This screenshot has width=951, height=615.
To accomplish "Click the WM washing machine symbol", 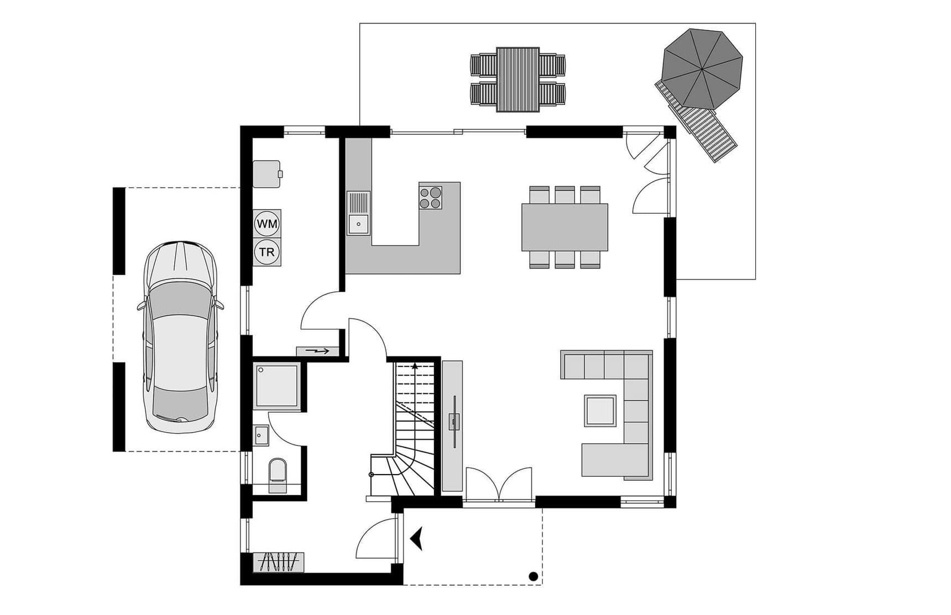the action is click(267, 224).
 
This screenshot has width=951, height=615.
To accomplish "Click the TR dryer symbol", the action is click(267, 252).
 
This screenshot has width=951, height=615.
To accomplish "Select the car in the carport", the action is click(180, 337).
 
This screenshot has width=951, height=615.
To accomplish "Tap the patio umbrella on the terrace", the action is click(702, 69).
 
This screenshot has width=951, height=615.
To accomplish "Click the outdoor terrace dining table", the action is click(518, 80).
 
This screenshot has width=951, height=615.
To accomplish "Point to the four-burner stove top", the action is click(431, 198).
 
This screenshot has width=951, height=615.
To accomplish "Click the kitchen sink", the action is click(358, 213).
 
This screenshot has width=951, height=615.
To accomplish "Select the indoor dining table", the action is click(565, 227).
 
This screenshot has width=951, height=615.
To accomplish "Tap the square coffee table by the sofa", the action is click(600, 411).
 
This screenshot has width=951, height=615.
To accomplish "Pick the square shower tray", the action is click(277, 385).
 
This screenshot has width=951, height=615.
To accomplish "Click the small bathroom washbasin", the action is click(261, 435).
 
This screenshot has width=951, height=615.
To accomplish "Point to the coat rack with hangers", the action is click(279, 562).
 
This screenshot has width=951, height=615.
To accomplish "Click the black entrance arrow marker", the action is click(417, 538).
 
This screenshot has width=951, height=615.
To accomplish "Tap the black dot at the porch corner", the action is click(534, 576).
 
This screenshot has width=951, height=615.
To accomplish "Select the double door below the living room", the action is click(499, 485).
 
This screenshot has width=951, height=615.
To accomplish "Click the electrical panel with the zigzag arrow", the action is click(317, 351).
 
